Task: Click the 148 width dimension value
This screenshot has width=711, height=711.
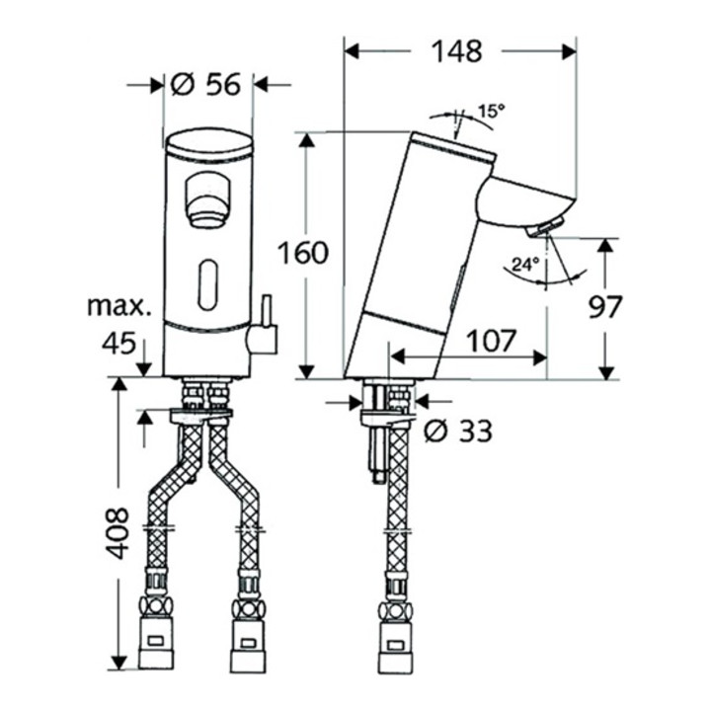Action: point(456,51)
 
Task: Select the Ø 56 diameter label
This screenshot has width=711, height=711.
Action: point(205,84)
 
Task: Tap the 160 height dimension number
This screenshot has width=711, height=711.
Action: point(302,253)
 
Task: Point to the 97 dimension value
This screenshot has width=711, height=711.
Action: point(605,307)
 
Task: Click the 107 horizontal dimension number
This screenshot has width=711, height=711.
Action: point(492,341)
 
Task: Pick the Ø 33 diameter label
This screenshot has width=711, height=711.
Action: point(458,431)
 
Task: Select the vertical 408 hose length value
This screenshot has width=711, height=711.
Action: point(117,533)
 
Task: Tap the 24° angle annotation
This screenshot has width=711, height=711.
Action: point(525,264)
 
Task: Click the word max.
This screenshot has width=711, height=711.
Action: point(119,306)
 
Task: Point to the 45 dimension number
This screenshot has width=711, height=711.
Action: point(118,344)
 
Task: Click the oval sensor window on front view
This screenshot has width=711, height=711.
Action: point(207,285)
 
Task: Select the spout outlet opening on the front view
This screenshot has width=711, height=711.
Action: point(207,198)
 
